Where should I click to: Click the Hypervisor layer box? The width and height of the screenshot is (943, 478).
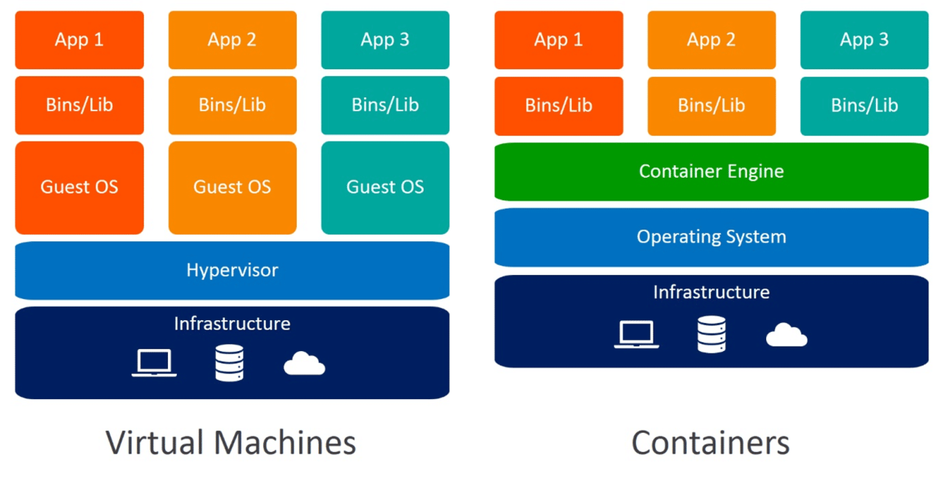pos(232,270)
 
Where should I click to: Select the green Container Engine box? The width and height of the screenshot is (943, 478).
pos(711,171)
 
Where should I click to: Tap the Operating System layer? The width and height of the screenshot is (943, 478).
pos(711,237)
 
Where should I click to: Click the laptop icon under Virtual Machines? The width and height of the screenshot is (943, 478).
pos(154,363)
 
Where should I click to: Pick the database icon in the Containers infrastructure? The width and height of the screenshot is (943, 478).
pos(711,334)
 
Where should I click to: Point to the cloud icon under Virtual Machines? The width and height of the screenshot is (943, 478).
pos(304,364)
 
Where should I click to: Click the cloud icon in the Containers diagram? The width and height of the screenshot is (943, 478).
pos(786,335)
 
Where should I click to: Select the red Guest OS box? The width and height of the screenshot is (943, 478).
pos(79,187)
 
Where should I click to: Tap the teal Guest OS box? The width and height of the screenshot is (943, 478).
pos(385,187)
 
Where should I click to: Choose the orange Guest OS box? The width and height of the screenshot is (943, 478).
pos(232,187)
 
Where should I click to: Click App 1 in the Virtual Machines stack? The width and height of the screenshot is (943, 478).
pos(79,40)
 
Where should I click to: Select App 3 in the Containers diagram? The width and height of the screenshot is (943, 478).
pos(864,40)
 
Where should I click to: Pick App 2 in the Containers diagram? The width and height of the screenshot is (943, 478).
pos(711,40)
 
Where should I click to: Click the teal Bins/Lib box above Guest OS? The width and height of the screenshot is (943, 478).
pos(385,105)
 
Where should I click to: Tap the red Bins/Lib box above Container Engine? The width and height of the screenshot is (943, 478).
pos(558,105)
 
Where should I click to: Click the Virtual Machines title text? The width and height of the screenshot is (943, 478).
pos(231,443)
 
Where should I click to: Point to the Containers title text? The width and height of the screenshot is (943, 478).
pos(710,443)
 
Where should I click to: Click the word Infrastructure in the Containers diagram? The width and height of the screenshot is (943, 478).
pos(711,292)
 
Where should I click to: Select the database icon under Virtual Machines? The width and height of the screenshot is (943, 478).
pos(229,363)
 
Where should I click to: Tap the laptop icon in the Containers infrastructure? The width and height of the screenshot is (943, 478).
pos(637,334)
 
